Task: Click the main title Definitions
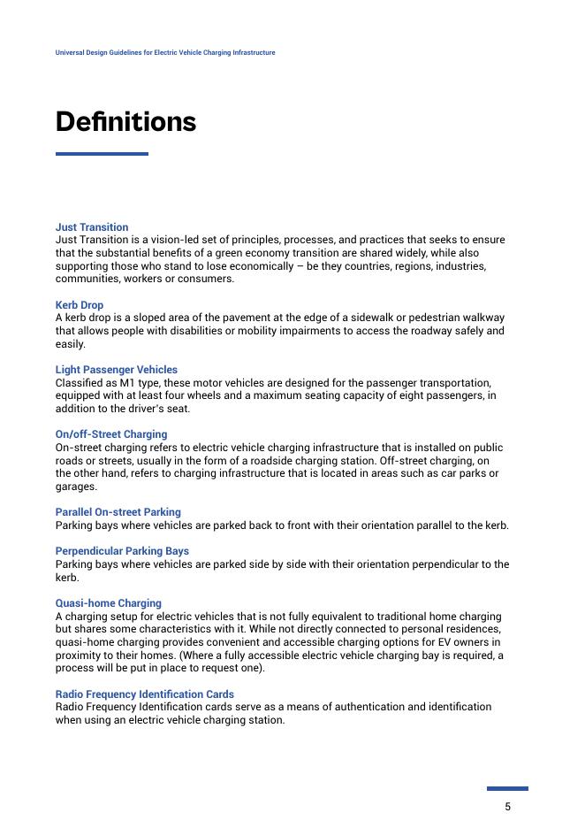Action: pos(125,121)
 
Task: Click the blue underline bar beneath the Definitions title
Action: pos(102,154)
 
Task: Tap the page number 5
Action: pos(507,806)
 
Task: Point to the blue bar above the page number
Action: pos(507,788)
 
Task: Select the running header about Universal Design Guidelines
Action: pos(165,52)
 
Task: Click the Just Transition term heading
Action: pos(92,227)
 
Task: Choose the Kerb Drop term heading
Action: pos(80,305)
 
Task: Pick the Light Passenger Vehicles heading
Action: pos(117,370)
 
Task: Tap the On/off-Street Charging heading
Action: pos(111,434)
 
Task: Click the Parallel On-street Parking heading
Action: pos(118,512)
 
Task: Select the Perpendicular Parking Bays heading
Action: pos(122,551)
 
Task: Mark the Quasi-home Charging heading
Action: pos(109,603)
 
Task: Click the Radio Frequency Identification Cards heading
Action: pos(145,694)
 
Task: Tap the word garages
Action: pos(76,487)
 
